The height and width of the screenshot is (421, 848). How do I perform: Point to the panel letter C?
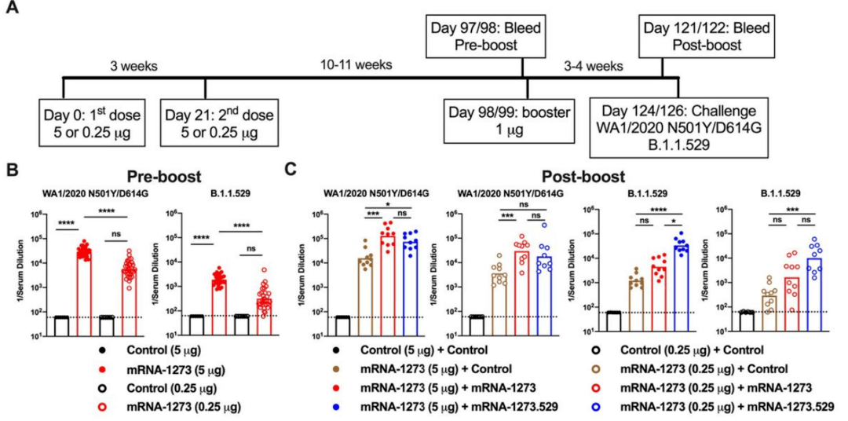pos(291,170)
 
